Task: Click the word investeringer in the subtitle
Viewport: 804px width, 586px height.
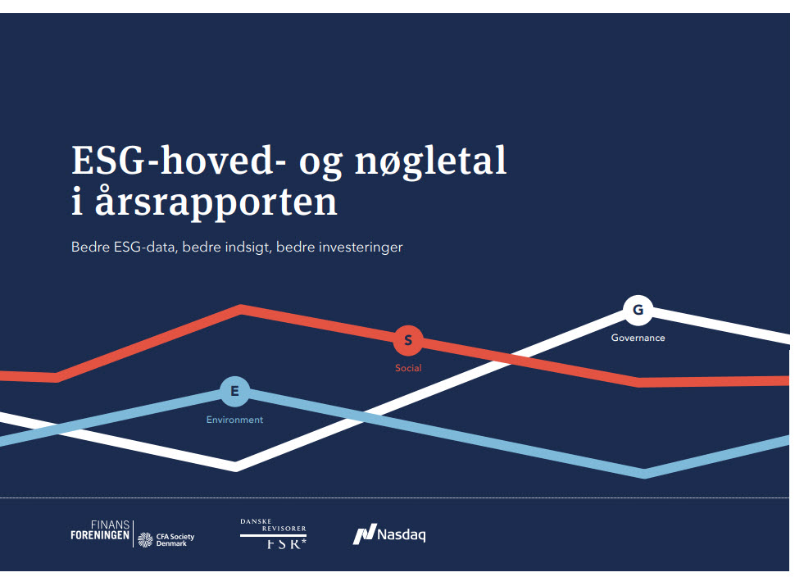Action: pyautogui.click(x=361, y=247)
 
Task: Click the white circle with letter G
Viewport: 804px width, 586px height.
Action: pyautogui.click(x=638, y=311)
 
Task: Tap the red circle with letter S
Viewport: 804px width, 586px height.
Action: pyautogui.click(x=408, y=340)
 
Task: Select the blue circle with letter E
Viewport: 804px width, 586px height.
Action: pyautogui.click(x=234, y=392)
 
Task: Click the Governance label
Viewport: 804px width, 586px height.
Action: pyautogui.click(x=638, y=338)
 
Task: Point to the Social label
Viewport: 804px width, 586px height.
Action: pyautogui.click(x=408, y=368)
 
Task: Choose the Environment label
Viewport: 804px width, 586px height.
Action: pyautogui.click(x=234, y=420)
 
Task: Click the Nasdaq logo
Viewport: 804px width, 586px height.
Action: pyautogui.click(x=389, y=535)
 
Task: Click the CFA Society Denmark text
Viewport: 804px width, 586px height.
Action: pyautogui.click(x=167, y=539)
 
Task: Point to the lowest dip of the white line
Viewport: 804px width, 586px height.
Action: pyautogui.click(x=236, y=466)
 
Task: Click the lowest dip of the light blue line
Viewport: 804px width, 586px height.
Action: pyautogui.click(x=645, y=473)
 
